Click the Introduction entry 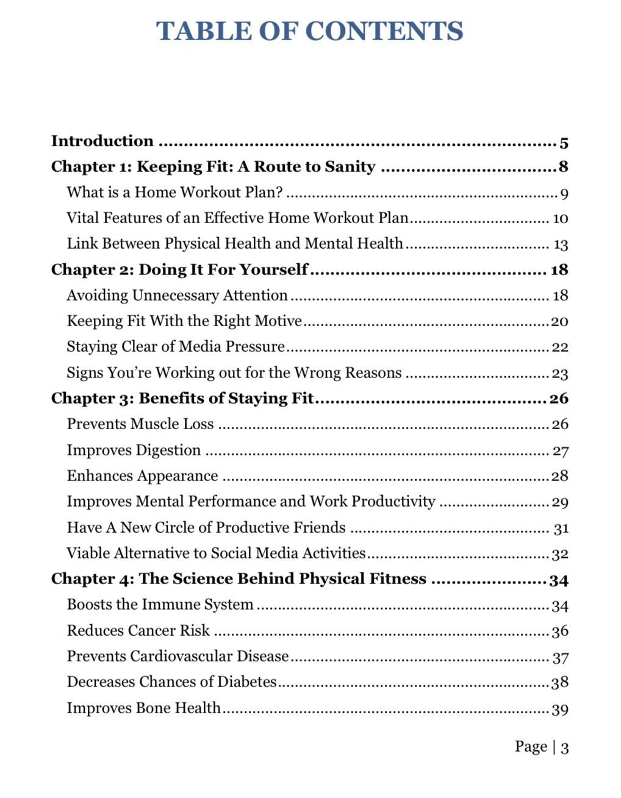(102, 141)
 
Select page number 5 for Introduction (564, 143)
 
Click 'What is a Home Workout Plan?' (174, 193)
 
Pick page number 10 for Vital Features (560, 219)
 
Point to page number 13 (561, 245)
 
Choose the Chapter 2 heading (179, 270)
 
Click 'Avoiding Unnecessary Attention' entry (177, 296)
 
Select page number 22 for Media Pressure (560, 347)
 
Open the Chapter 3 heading (182, 399)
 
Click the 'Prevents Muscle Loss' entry (140, 424)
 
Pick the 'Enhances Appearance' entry (142, 476)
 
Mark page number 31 (561, 529)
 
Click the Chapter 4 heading (239, 579)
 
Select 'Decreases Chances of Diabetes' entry (171, 682)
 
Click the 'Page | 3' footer (541, 747)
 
